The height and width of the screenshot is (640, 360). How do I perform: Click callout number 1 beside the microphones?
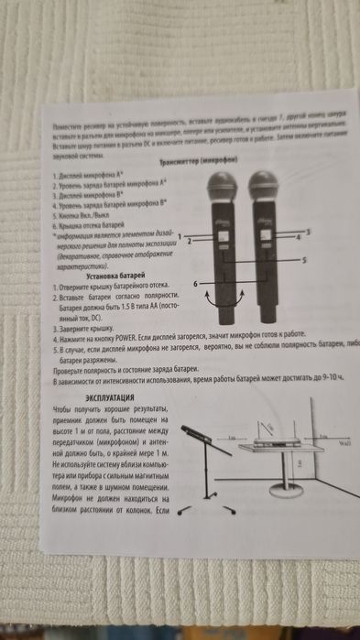point(180,236)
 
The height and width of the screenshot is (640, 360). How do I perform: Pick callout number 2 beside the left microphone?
point(188,242)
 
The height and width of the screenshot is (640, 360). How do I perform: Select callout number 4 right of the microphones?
point(299,238)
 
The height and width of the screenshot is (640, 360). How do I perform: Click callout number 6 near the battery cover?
point(195,285)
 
